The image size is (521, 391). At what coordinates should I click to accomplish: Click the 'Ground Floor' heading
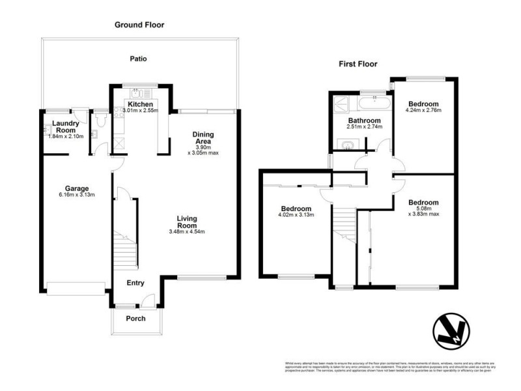(139, 25)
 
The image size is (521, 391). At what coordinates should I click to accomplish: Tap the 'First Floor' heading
(358, 64)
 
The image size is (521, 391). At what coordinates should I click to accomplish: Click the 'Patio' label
(137, 59)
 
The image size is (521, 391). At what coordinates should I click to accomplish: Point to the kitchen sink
(139, 93)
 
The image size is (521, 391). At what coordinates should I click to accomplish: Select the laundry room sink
(93, 135)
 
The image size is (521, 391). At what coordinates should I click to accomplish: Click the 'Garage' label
(76, 188)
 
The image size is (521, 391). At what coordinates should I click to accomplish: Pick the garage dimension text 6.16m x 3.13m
(76, 195)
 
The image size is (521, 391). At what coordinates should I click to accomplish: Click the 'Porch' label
(135, 318)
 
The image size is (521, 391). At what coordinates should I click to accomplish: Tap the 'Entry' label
(135, 283)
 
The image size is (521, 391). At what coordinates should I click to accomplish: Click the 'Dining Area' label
(203, 138)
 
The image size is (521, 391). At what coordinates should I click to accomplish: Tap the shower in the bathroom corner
(340, 104)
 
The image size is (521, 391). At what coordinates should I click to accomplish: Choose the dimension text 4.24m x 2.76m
(424, 111)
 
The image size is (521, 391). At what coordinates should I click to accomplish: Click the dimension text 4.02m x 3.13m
(296, 214)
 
